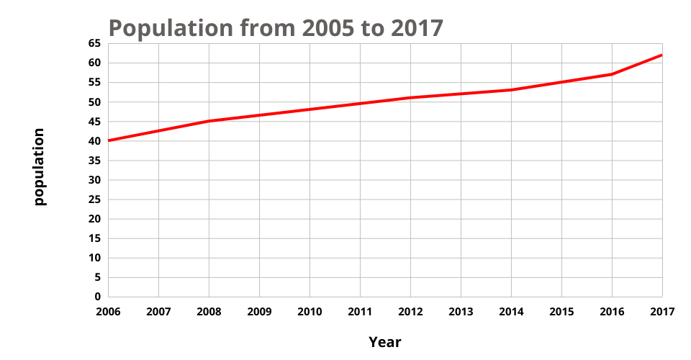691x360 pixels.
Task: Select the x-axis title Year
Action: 385,342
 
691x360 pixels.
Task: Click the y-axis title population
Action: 40,167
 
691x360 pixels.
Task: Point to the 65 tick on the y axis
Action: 94,43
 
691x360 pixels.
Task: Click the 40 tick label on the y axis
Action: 94,140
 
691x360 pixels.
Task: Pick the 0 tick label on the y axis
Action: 97,297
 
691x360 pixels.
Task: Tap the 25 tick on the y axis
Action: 94,199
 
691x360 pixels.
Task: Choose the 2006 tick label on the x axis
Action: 108,311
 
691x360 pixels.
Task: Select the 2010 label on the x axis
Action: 310,311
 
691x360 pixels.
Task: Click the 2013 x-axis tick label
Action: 461,311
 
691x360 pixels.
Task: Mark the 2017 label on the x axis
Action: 662,311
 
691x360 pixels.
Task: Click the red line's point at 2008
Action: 209,121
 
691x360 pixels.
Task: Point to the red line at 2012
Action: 410,97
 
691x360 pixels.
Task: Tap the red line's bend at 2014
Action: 511,90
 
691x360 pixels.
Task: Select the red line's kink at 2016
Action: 612,74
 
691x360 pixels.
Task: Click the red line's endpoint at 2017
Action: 661,55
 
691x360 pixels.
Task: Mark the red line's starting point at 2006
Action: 109,140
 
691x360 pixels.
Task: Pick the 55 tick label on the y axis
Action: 94,82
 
